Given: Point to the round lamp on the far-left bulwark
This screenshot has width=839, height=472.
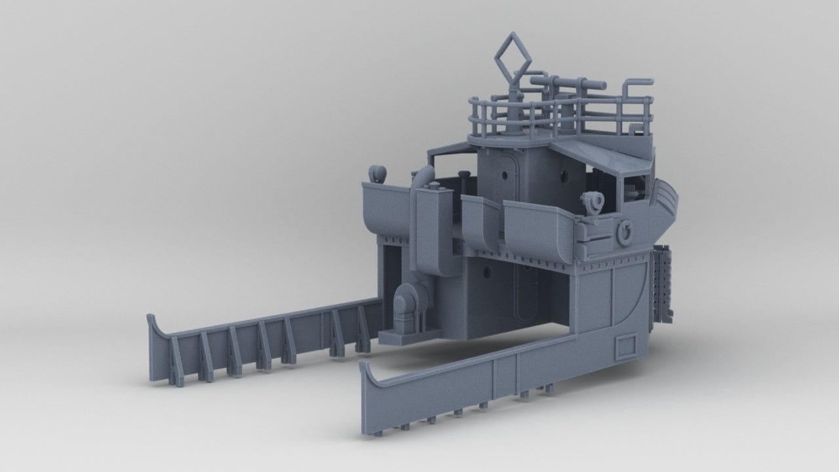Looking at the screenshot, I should [378, 174].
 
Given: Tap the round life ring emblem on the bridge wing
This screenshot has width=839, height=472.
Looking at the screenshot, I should [625, 231].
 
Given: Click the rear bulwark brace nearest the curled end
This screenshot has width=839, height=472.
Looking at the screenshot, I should [175, 357].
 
